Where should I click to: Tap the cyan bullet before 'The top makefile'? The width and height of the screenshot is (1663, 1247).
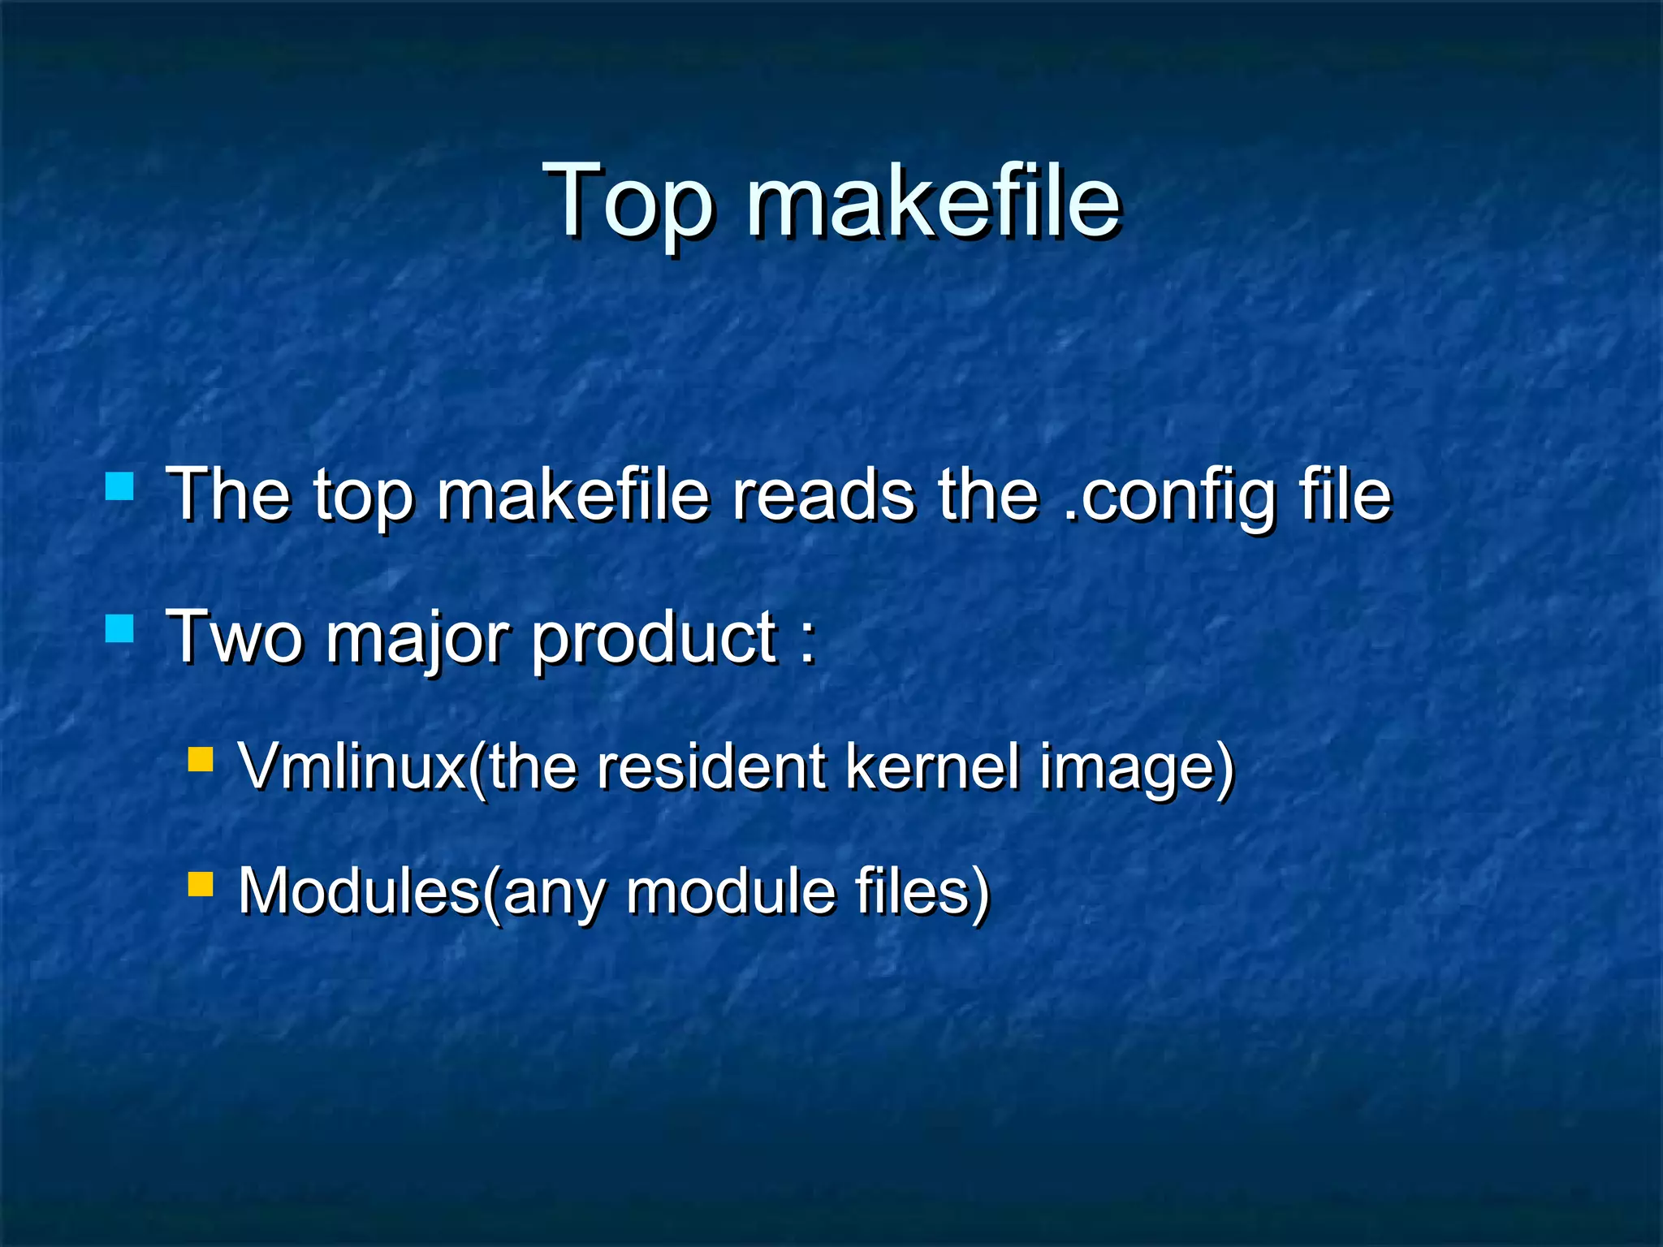[119, 486]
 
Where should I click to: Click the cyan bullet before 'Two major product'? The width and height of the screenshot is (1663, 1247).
[119, 628]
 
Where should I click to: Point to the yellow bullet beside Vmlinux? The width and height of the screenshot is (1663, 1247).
[200, 759]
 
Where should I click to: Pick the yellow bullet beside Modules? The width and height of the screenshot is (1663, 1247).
[200, 883]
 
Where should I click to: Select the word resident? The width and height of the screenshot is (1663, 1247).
[711, 766]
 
